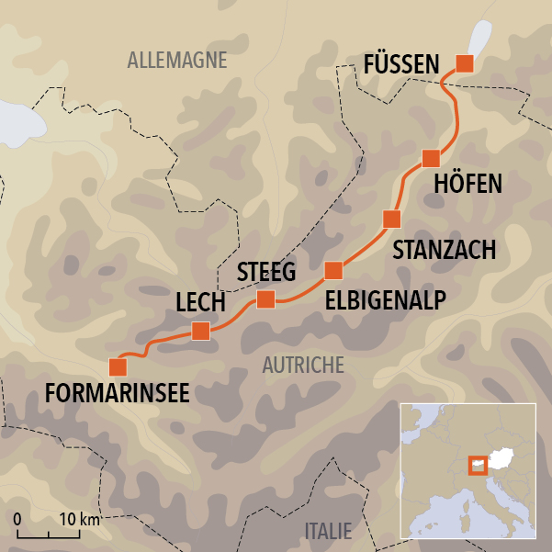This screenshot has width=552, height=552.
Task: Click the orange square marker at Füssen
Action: (x=465, y=63)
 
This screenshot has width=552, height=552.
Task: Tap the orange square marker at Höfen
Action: (x=430, y=158)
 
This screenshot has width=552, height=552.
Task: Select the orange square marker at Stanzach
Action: (x=391, y=219)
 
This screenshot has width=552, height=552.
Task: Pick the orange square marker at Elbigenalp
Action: (x=333, y=270)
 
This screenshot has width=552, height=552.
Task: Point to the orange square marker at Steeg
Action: (x=265, y=299)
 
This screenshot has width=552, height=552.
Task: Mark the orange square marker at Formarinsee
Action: (x=118, y=367)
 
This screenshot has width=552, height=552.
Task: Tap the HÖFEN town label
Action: (x=468, y=184)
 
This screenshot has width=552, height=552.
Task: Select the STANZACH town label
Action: (x=445, y=249)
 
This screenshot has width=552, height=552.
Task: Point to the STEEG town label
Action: (x=266, y=272)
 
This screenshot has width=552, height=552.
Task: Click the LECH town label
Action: (x=201, y=303)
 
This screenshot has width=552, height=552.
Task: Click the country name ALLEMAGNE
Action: (x=177, y=62)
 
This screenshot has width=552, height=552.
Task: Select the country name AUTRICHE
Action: (x=303, y=365)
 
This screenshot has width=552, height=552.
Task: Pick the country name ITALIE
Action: (x=327, y=531)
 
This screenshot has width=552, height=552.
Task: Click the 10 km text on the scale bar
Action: (x=80, y=520)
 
